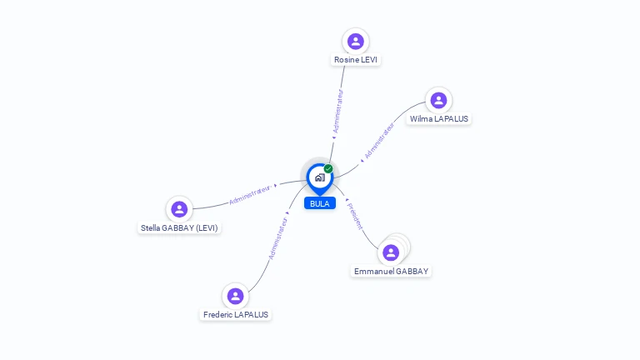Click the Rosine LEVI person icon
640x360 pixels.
pyautogui.click(x=356, y=41)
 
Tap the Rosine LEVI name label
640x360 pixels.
pyautogui.click(x=357, y=60)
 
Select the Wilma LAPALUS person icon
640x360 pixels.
pyautogui.click(x=438, y=100)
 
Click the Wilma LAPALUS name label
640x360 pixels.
pyautogui.click(x=439, y=119)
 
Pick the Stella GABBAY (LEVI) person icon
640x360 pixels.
pyautogui.click(x=179, y=209)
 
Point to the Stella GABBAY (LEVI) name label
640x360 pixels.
pyautogui.click(x=180, y=227)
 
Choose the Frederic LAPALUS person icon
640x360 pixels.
pyautogui.click(x=236, y=296)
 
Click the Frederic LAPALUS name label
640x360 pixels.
pyautogui.click(x=236, y=315)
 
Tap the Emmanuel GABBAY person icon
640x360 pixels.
pyautogui.click(x=391, y=252)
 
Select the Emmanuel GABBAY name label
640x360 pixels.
pyautogui.click(x=391, y=272)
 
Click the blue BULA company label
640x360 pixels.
pyautogui.click(x=320, y=203)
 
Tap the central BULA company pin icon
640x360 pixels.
pyautogui.click(x=319, y=177)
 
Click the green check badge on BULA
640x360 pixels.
pyautogui.click(x=328, y=169)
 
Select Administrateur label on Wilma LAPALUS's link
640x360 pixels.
pyautogui.click(x=378, y=142)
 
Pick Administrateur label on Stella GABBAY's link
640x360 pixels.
pyautogui.click(x=250, y=194)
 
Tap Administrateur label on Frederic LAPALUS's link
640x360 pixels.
pyautogui.click(x=277, y=239)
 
